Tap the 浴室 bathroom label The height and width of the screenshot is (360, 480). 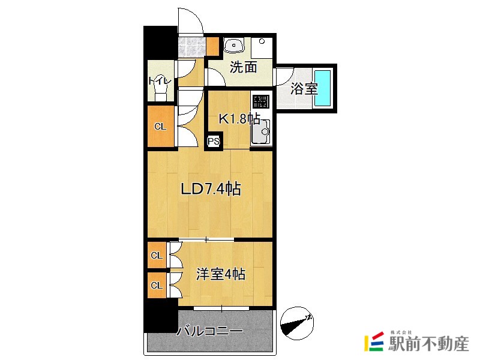tap(304, 89)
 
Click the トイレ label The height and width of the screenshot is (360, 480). tap(160, 80)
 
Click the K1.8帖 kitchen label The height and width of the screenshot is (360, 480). tap(238, 119)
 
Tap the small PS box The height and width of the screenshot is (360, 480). tap(213, 142)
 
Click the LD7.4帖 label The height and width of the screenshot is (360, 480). tap(211, 190)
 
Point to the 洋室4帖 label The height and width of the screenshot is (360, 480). tap(221, 275)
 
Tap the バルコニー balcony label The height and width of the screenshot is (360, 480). tap(209, 331)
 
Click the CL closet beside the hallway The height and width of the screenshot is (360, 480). tap(160, 126)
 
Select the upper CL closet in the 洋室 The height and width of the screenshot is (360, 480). tap(157, 256)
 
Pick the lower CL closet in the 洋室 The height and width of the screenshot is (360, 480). tap(157, 285)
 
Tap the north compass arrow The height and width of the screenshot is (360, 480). tap(297, 320)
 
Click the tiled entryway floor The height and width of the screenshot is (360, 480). tap(191, 47)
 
